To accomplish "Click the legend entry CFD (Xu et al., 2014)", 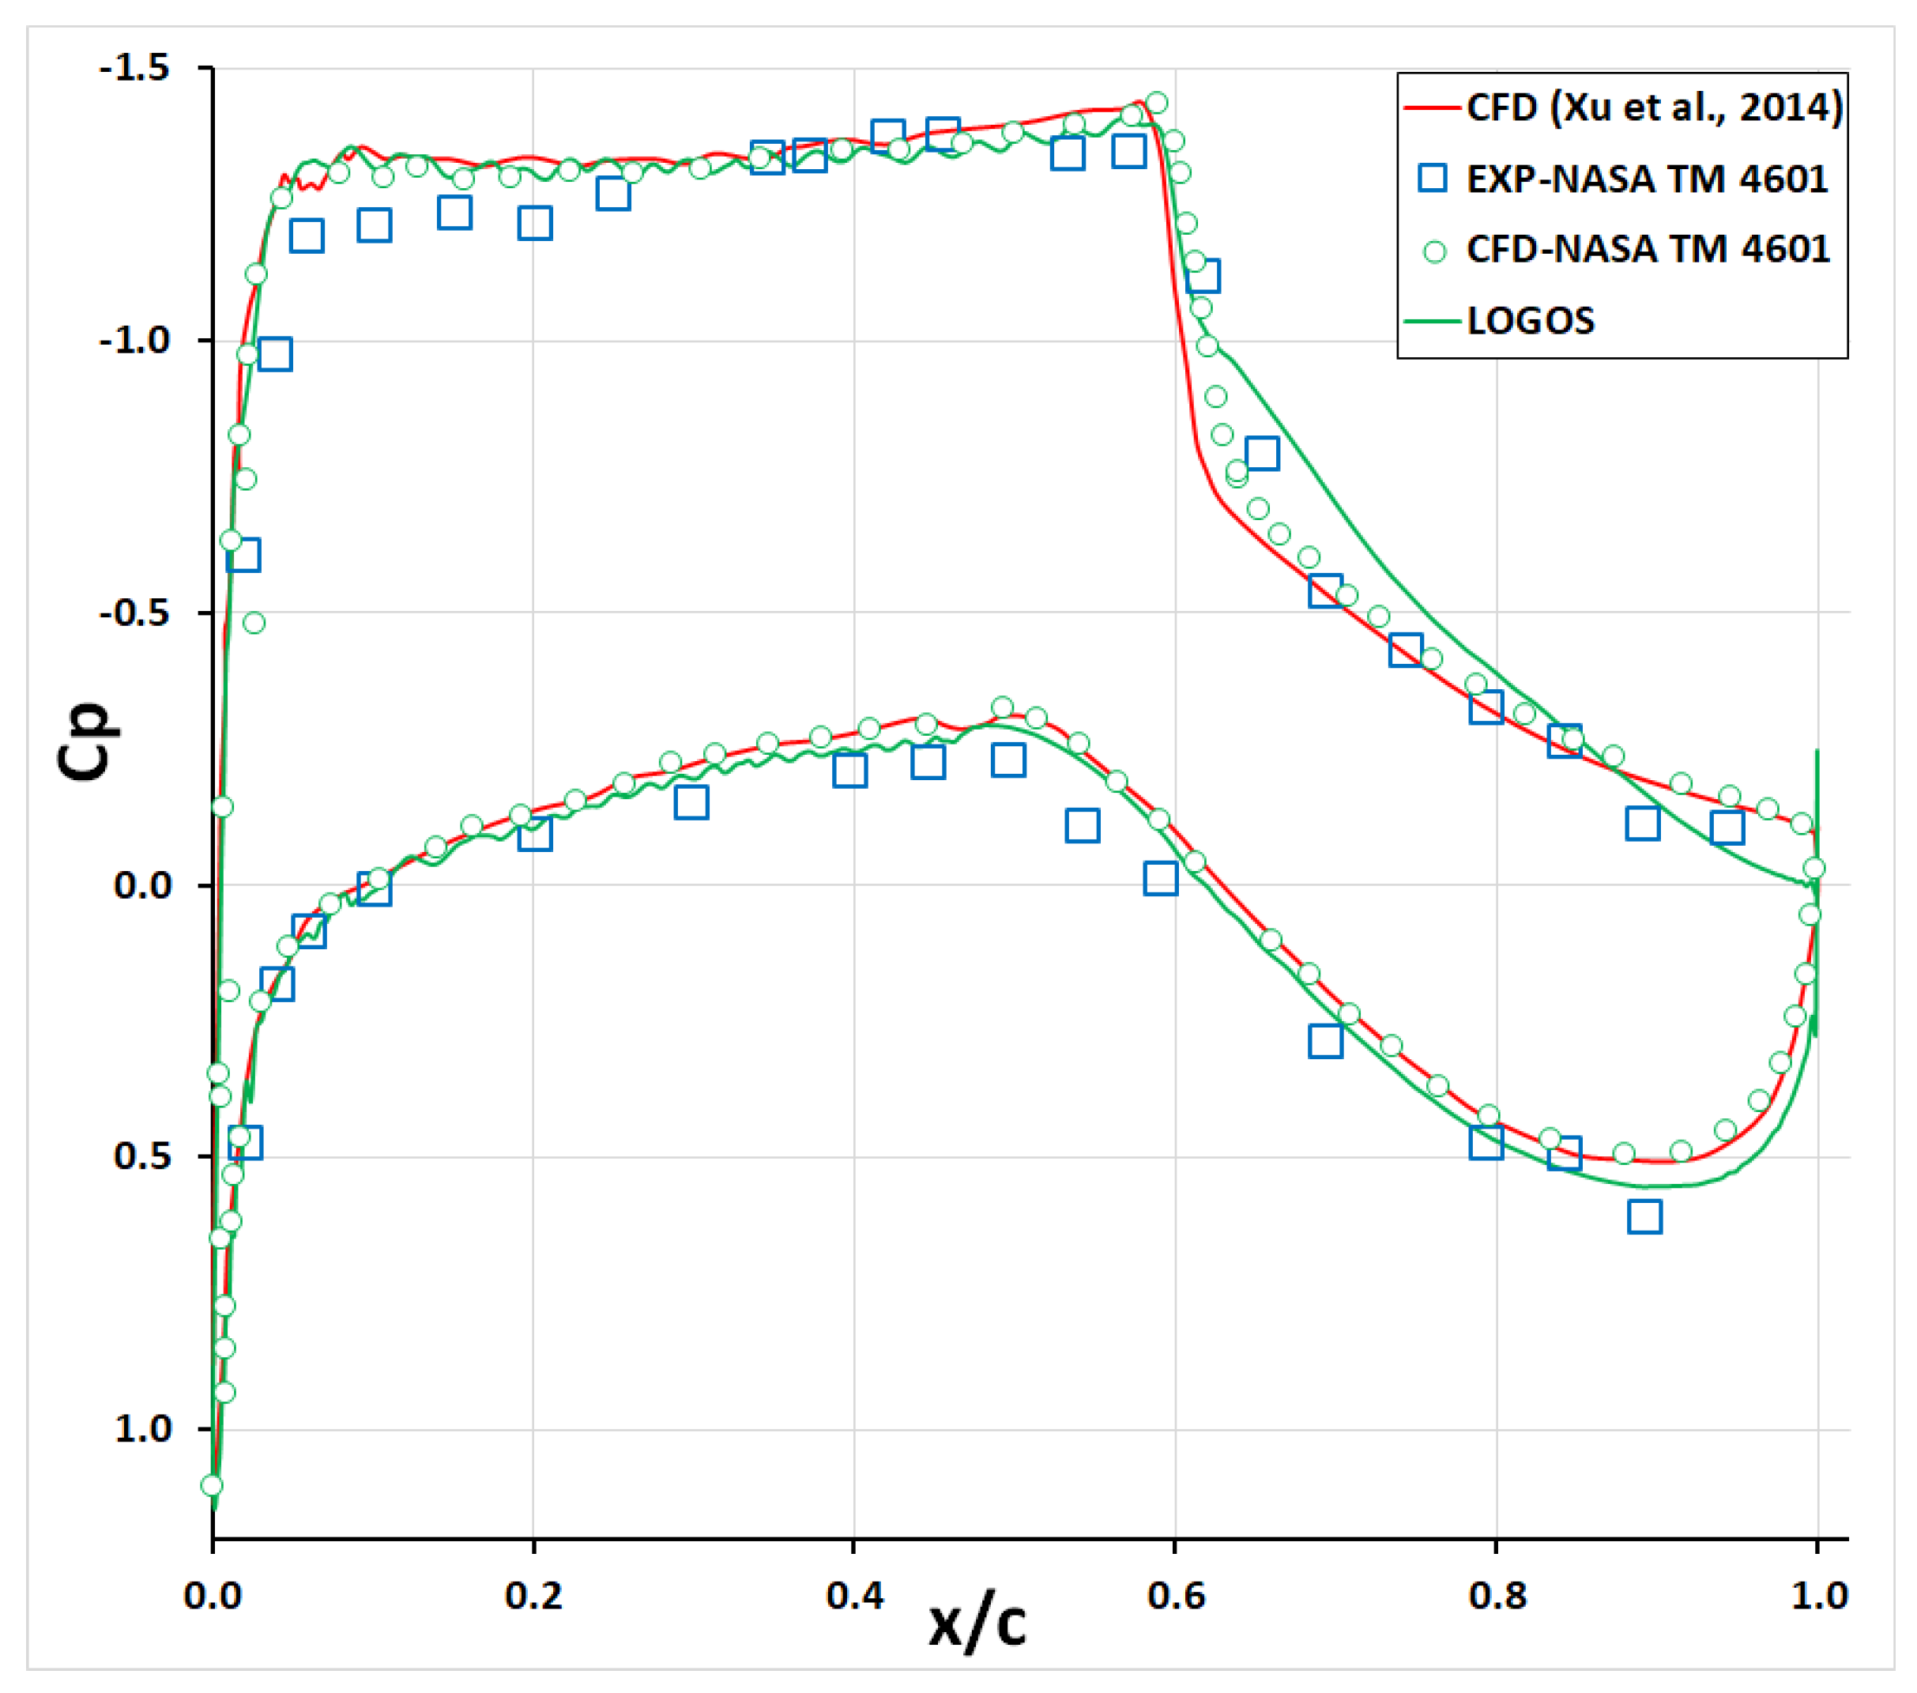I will pos(1653,107).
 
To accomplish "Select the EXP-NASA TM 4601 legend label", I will pos(1646,179).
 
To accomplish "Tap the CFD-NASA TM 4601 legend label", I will pos(1647,250).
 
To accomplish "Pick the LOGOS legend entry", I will pos(1530,322).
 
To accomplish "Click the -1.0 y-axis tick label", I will pos(135,340).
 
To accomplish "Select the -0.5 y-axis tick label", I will pos(135,613).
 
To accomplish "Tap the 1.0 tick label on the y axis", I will pos(142,1430).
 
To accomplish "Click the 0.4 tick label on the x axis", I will pos(854,1596).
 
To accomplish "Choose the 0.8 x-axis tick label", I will pos(1497,1596).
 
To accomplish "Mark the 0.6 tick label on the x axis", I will pos(1175,1596).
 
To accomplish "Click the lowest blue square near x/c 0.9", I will pos(1645,1217).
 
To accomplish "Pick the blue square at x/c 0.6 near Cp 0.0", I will pos(1161,879).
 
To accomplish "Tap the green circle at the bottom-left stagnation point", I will pos(212,1485).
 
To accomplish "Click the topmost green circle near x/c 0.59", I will pos(1156,102).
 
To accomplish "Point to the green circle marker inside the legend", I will pos(1434,251).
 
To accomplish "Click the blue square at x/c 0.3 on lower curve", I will pos(691,803).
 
